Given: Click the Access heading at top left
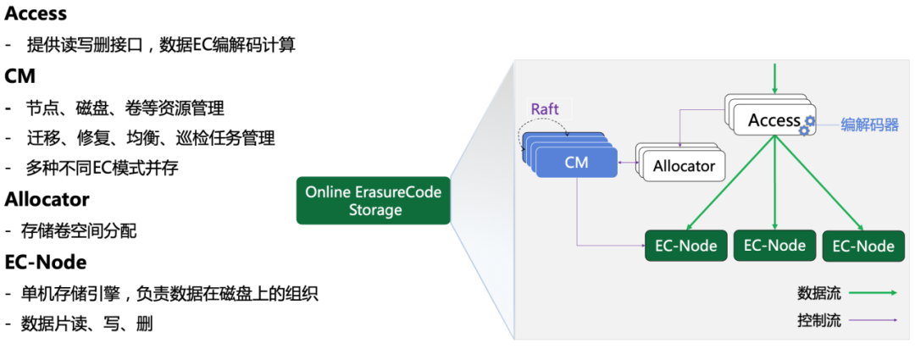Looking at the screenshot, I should (x=36, y=14).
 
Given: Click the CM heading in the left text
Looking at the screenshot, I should (x=20, y=76).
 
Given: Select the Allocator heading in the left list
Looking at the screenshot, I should (x=47, y=200).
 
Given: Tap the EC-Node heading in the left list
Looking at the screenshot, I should (x=46, y=262).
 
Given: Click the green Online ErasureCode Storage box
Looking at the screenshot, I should (x=374, y=201).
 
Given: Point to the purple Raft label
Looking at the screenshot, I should (x=545, y=108).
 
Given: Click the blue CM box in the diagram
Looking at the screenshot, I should (x=576, y=162).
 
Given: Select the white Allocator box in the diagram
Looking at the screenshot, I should (x=684, y=166).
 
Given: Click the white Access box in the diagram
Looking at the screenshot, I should (x=773, y=121).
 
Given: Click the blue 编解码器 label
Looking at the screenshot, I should (x=869, y=125).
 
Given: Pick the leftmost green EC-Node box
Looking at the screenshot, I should (x=686, y=246).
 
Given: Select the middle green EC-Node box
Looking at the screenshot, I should (x=774, y=245).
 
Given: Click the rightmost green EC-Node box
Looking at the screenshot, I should (x=863, y=246).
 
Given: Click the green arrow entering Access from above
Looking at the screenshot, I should (x=774, y=77).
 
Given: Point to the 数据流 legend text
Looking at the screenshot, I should (x=818, y=294).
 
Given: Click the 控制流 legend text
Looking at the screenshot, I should (x=818, y=321).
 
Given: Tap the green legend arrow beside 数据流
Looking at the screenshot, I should (x=873, y=293).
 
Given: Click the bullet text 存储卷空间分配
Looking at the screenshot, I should (x=81, y=231).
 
